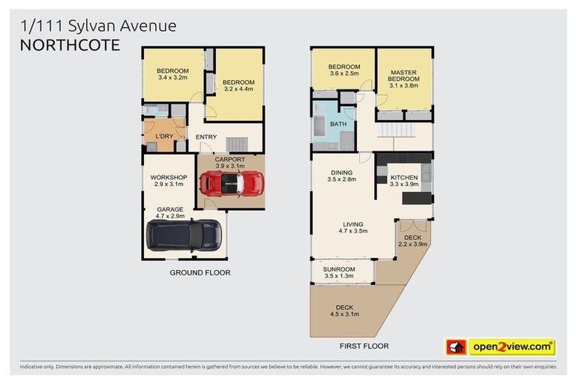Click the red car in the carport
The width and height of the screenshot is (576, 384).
(232, 183)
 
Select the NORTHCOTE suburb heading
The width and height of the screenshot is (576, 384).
(70, 45)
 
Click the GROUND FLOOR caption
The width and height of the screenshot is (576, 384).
(199, 272)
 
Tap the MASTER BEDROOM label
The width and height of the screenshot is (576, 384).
(403, 76)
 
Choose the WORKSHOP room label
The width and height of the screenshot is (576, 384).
(168, 178)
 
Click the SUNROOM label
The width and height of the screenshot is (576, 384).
(339, 269)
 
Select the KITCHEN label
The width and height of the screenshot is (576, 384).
(404, 177)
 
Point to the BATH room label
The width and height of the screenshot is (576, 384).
(338, 124)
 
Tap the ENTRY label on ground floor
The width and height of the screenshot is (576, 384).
(206, 137)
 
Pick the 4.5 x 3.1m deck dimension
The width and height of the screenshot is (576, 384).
(344, 314)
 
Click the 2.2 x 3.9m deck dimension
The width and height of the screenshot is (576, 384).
(412, 244)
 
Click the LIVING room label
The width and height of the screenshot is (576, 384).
(352, 224)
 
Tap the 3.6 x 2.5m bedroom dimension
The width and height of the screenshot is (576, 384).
(343, 73)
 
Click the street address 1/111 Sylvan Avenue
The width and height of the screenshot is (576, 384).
(98, 26)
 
